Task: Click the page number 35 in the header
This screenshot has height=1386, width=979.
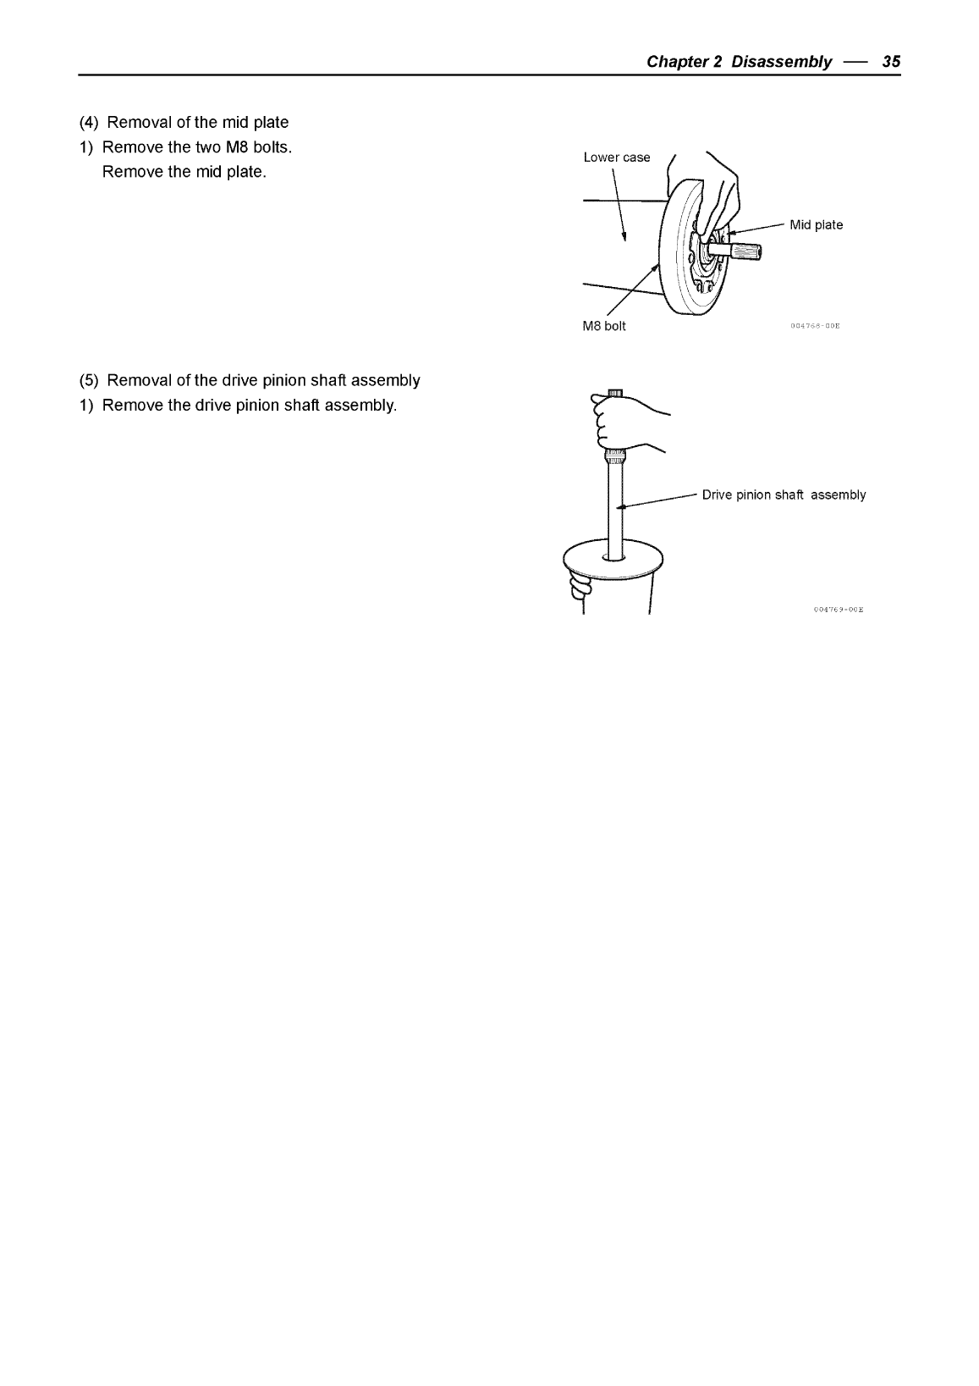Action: pyautogui.click(x=891, y=62)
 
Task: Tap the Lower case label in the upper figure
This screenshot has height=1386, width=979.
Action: pyautogui.click(x=617, y=157)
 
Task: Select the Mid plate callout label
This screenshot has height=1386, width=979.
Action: pyautogui.click(x=816, y=225)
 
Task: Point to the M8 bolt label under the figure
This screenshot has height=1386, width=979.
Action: pyautogui.click(x=604, y=326)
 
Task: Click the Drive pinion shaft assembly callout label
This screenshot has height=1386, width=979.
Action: pyautogui.click(x=784, y=495)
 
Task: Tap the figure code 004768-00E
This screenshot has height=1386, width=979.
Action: pyautogui.click(x=819, y=325)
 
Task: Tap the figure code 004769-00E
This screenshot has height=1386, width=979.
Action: pyautogui.click(x=842, y=609)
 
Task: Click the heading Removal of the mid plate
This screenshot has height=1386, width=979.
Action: pyautogui.click(x=197, y=123)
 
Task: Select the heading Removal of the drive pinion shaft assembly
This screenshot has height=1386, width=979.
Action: pyautogui.click(x=263, y=380)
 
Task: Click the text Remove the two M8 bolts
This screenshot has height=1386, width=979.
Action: pyautogui.click(x=196, y=147)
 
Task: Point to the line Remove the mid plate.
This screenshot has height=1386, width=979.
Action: pyautogui.click(x=184, y=172)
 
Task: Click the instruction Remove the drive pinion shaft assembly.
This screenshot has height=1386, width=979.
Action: pyautogui.click(x=249, y=405)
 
